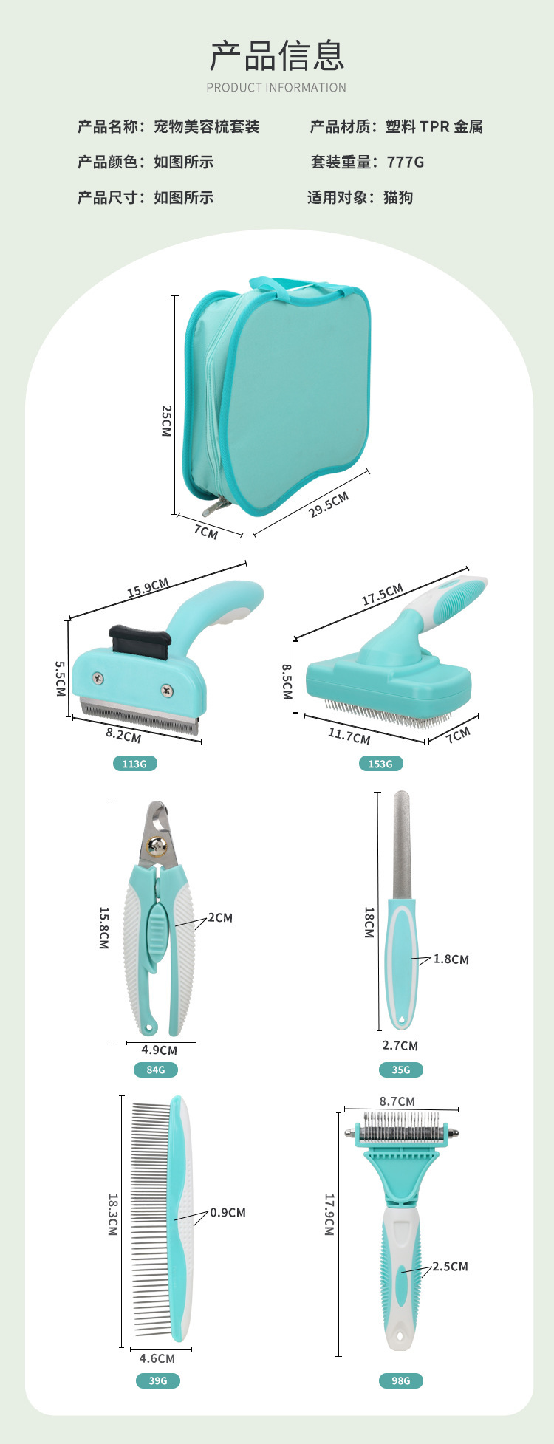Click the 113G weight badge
pos(134,764)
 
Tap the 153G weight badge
pos(380,764)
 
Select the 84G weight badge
pos(156,1070)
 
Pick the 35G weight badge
pos(401,1070)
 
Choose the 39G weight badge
pos(158,1380)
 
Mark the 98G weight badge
pos(401,1380)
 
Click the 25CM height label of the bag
pos(166,420)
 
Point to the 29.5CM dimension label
pos(329,504)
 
